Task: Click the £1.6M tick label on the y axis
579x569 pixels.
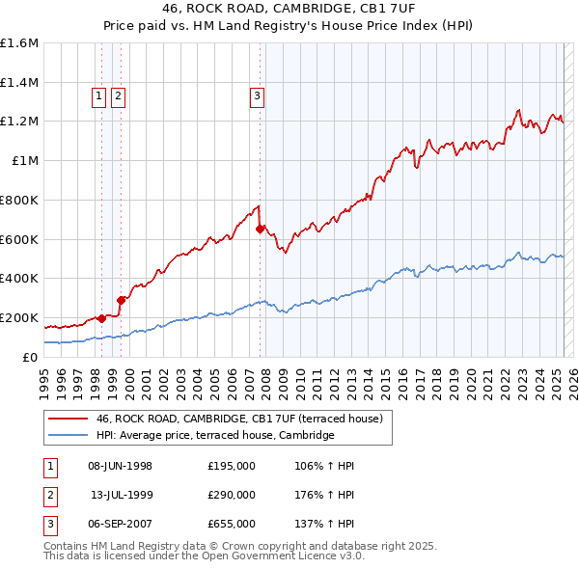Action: [19, 43]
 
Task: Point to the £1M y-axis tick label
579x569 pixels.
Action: [25, 161]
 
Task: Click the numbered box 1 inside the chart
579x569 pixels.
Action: [100, 95]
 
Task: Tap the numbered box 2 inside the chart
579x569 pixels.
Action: [118, 95]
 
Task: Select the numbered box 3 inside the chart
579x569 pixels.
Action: [258, 95]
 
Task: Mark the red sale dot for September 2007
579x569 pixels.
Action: [260, 229]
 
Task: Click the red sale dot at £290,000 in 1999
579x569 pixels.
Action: [122, 300]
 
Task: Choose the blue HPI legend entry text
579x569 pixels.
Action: [214, 435]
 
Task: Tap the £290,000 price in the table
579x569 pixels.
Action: [231, 495]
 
